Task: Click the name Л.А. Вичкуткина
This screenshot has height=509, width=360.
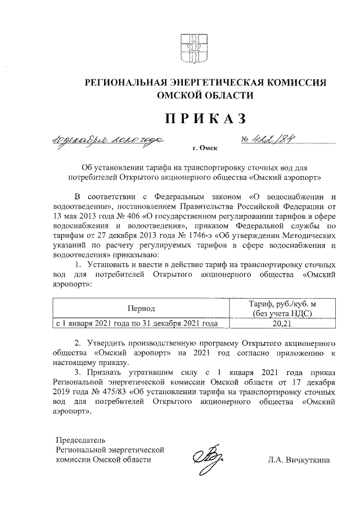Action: click(300, 461)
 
